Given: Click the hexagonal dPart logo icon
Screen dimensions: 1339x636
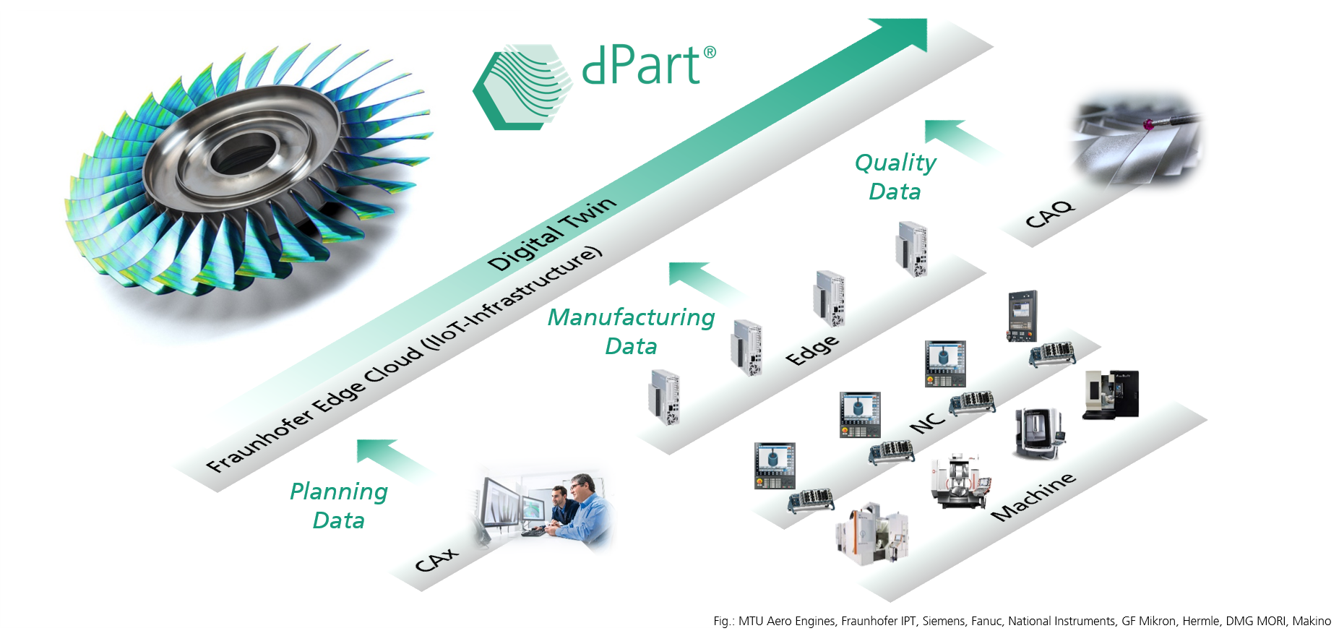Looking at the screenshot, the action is coord(522,87).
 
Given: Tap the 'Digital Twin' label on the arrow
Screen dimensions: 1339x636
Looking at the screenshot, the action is coord(552,233).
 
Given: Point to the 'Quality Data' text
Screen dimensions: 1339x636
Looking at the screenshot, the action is coord(895,177).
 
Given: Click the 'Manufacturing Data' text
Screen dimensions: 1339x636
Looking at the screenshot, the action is coord(631,332).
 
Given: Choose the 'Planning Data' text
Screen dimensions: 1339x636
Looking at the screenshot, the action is coord(339,505).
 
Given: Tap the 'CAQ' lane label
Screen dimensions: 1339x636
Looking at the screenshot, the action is coord(1050,214).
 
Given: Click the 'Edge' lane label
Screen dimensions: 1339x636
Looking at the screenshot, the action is coord(812,350).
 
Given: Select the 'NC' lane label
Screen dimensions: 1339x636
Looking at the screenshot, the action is coord(927,423).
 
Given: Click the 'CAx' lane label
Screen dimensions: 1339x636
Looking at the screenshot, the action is coord(436,559).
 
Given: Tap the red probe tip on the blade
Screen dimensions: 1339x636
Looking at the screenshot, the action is coord(1148,126).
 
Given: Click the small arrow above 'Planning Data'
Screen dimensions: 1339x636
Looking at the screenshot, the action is coord(394,460).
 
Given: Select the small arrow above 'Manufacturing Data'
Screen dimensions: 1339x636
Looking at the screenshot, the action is coord(707,282).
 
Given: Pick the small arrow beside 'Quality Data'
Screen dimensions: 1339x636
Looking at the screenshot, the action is coord(962,140).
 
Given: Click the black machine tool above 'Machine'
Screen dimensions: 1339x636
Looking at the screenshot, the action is coord(1111,395).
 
